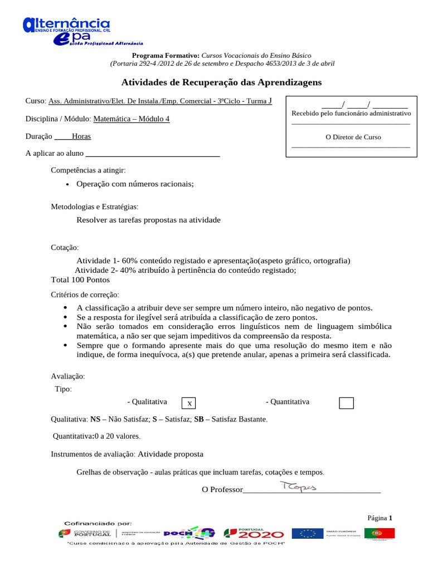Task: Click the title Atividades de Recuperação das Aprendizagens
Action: coord(221,82)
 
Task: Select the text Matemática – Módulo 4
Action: coord(132,119)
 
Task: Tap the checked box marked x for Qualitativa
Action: coord(189,403)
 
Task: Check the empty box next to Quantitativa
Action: coord(346,403)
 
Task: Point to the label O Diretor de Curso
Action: coord(353,136)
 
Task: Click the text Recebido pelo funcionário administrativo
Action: coord(351,113)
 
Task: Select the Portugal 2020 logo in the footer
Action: coord(254,533)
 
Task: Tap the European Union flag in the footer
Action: coord(308,533)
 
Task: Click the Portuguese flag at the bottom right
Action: coord(380,533)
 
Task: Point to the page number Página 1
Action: coord(380,518)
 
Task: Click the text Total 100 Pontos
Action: coord(80,279)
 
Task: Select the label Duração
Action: coord(39,136)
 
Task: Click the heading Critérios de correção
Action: coord(85,294)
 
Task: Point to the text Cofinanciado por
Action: coord(98,523)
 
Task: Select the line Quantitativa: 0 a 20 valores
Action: coord(96,436)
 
